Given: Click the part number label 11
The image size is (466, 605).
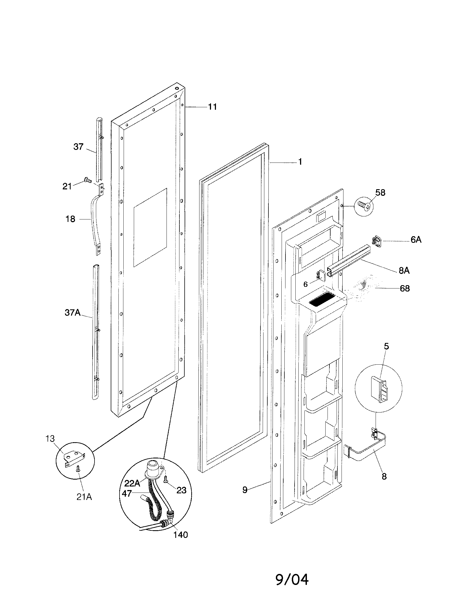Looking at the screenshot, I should tap(212, 107).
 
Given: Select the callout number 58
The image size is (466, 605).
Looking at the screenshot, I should tap(380, 192).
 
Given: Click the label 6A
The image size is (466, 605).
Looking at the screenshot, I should tap(416, 240).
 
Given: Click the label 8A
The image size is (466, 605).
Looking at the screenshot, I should tap(404, 271).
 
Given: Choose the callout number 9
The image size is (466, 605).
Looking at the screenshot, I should tap(245, 490).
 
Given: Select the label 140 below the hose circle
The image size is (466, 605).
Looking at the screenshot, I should tap(181, 542).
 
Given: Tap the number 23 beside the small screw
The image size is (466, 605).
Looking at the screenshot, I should tap(181, 490).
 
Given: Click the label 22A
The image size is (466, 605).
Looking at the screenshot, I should tap(132, 483).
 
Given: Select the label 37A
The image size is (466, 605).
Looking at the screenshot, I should tap(73, 313).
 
